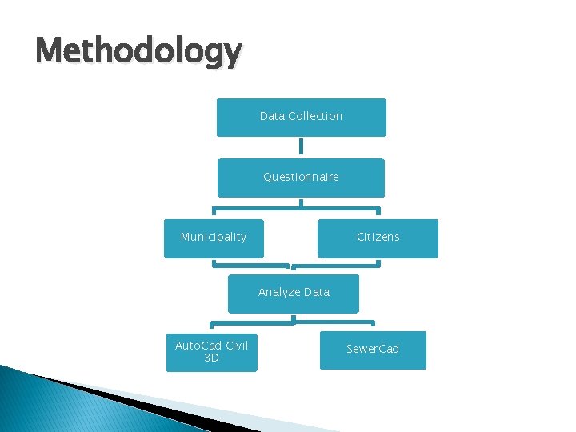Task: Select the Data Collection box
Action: click(x=301, y=118)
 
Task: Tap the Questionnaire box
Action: click(x=301, y=178)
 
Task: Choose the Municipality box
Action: click(x=214, y=238)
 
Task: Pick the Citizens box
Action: click(x=378, y=238)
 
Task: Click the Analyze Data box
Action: click(x=294, y=294)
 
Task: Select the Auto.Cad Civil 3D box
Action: click(x=212, y=353)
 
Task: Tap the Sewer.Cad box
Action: click(x=373, y=350)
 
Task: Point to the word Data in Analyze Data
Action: click(x=316, y=292)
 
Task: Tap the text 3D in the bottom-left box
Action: click(x=212, y=358)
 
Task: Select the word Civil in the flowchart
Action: click(x=237, y=346)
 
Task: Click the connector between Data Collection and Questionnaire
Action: click(x=301, y=147)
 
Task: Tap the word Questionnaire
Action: click(x=301, y=177)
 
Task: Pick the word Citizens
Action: click(x=378, y=237)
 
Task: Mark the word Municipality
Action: click(x=214, y=237)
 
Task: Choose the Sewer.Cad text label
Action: click(x=373, y=349)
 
